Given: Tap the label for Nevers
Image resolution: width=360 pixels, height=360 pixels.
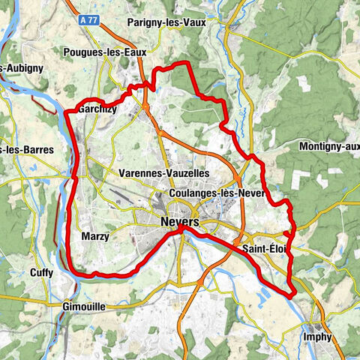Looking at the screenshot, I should (x=180, y=223).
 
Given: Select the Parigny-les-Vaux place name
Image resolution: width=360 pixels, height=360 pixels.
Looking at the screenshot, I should (x=166, y=22).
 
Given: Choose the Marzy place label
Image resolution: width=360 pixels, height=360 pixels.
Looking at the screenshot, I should (x=94, y=236).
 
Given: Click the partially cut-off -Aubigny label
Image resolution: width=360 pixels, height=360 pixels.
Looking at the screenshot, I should (x=22, y=67).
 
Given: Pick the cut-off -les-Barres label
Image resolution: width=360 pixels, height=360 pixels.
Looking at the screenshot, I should (x=27, y=150).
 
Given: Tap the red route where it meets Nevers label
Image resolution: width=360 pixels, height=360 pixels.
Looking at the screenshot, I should (x=181, y=231).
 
